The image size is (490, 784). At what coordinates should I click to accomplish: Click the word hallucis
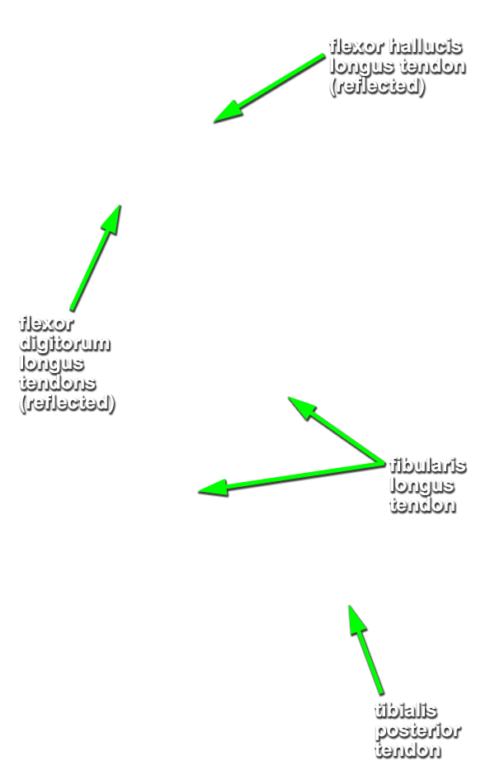point(426,46)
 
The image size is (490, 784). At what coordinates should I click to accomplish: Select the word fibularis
point(428,465)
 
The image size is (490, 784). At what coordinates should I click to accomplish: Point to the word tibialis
point(406,711)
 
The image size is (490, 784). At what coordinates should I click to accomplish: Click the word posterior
point(418,731)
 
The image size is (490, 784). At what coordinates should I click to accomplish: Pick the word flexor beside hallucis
point(356,46)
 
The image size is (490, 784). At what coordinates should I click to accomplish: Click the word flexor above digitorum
point(46,324)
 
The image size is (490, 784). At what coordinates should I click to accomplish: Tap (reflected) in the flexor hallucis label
point(378,86)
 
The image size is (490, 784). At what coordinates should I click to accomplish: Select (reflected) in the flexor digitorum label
point(68,403)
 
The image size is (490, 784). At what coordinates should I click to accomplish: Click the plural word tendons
point(58,383)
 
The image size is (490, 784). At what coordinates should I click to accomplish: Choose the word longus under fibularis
point(422,486)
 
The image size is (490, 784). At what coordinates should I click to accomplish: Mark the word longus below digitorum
point(51,364)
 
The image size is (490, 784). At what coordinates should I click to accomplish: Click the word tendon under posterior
point(408,750)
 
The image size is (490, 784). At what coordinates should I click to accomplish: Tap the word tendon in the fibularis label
point(423,505)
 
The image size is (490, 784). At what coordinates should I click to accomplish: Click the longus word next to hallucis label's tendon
point(362,67)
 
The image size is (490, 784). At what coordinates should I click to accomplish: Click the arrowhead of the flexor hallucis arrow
point(214,122)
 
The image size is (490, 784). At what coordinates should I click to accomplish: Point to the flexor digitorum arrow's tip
point(120,205)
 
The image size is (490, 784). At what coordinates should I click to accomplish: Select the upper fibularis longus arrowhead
point(288,397)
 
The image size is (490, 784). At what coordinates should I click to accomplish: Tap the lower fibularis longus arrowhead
point(199,492)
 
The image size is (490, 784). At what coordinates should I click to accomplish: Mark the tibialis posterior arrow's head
point(349,606)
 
